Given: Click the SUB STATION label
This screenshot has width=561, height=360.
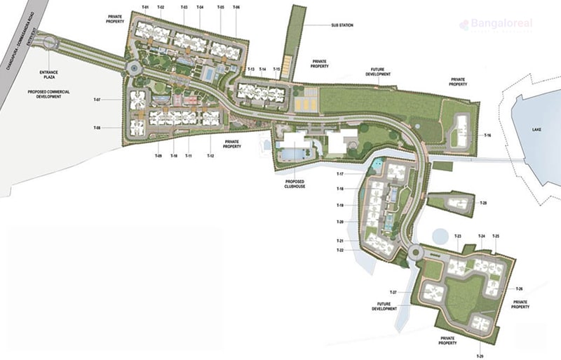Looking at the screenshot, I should tap(342, 25).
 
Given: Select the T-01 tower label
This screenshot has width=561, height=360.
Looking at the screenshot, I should tap(146, 7).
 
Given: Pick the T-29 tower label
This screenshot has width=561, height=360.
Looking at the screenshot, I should tap(480, 356).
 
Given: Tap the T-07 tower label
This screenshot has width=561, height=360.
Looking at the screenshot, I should tap(97, 100).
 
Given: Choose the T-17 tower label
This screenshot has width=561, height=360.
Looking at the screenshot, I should tap(339, 173).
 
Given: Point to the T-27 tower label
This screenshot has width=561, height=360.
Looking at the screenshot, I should tap(393, 291).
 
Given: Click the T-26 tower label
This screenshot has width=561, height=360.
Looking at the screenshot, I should tap(519, 288).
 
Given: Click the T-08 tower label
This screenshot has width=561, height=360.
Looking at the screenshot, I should tap(97, 128).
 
